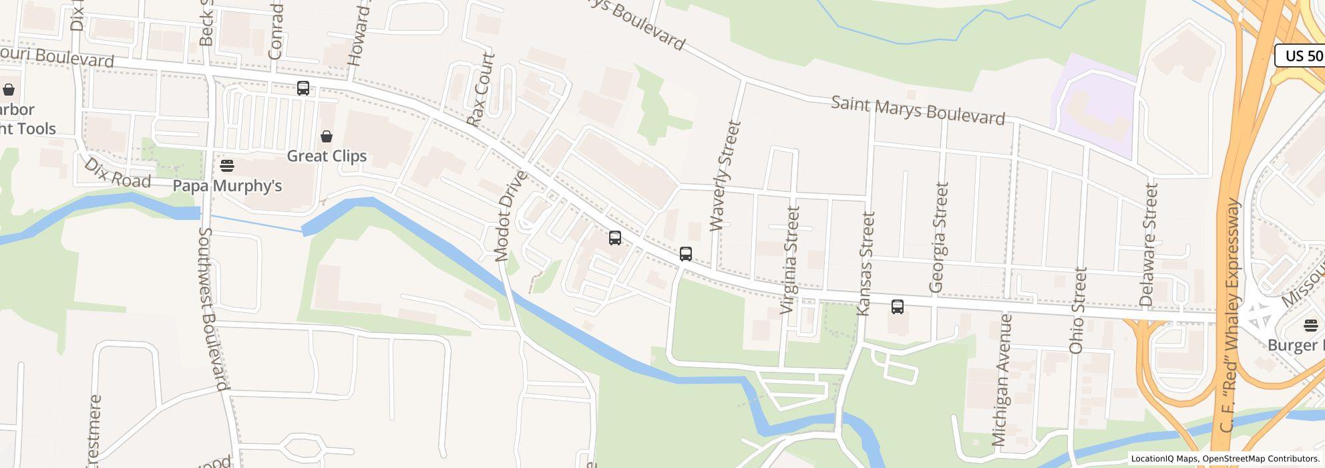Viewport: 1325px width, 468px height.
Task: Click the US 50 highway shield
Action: coord(1302,55)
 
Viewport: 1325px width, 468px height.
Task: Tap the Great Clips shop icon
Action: coord(327,136)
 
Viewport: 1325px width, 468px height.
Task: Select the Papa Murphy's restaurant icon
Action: coord(227,165)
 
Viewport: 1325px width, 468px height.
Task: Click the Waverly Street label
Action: coord(725,175)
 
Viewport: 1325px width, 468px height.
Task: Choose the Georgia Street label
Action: coord(938,237)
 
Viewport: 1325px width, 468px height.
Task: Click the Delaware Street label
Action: coord(1149,244)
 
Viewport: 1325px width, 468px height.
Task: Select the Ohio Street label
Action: coord(1077,310)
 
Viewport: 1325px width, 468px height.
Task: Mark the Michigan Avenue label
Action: coord(1002,379)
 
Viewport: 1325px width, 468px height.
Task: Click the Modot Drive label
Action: coord(511,215)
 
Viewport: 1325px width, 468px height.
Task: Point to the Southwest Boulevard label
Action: coord(214,308)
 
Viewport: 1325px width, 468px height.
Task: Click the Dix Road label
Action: coord(118,172)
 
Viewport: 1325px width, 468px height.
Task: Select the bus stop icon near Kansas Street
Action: coord(898,307)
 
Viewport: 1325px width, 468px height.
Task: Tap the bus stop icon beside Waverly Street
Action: coord(686,254)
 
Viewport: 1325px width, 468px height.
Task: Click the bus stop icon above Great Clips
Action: coord(303,88)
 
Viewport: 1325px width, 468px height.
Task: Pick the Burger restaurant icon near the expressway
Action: coord(1310,326)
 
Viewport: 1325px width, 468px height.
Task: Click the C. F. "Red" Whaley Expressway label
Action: coord(1229,314)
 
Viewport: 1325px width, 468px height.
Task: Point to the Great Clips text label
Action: coord(327,156)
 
